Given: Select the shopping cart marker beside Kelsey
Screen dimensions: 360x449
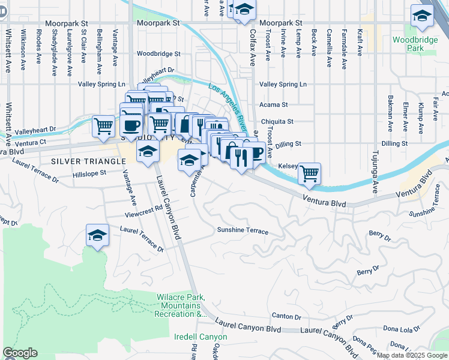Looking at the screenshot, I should pyautogui.click(x=310, y=174).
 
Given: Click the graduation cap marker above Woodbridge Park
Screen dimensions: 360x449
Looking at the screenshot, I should pyautogui.click(x=423, y=17).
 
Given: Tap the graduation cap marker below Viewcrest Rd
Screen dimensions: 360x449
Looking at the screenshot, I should pyautogui.click(x=97, y=236).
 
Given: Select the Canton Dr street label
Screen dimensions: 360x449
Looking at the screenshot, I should pyautogui.click(x=286, y=316).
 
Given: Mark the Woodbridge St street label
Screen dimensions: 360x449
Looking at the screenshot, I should pyautogui.click(x=158, y=53).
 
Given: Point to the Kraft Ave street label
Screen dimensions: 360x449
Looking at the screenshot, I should pyautogui.click(x=359, y=42).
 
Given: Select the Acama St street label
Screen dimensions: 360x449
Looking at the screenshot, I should pyautogui.click(x=273, y=104).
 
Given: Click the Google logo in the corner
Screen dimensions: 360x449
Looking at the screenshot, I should pyautogui.click(x=20, y=353).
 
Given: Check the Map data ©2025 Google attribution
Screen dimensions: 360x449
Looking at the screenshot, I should pyautogui.click(x=412, y=355).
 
